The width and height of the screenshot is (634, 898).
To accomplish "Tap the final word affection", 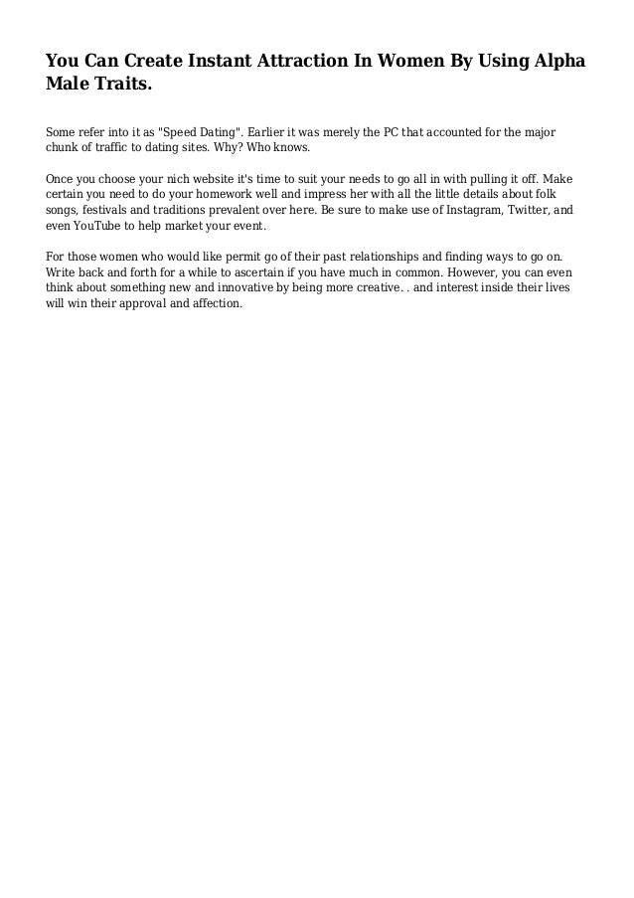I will click(x=214, y=305).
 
